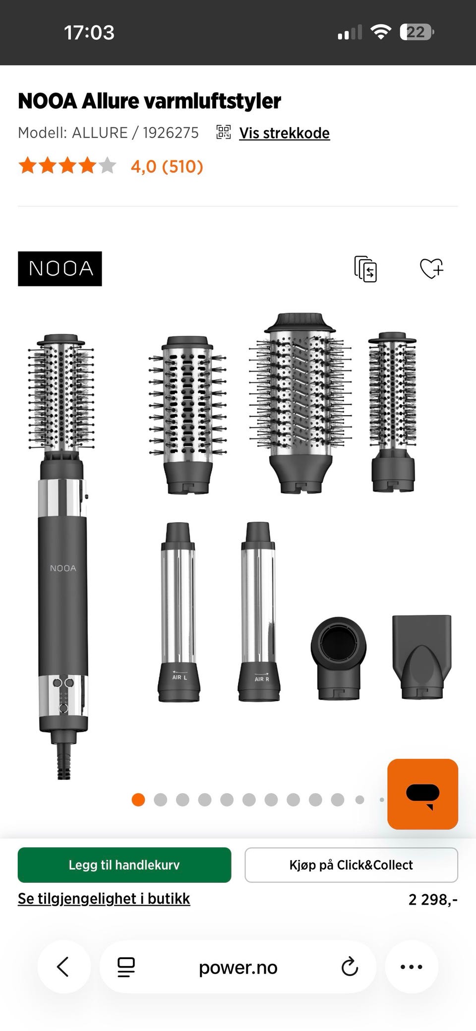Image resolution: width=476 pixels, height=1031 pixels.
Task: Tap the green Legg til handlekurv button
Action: (x=124, y=865)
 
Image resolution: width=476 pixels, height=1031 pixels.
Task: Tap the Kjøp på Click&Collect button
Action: (x=351, y=865)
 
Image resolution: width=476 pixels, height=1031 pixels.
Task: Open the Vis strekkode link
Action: (x=284, y=133)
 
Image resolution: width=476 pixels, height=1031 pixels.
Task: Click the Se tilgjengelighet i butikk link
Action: (x=104, y=898)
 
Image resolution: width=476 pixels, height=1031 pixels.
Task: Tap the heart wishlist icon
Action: (x=431, y=269)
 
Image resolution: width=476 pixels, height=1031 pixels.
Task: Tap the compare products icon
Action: (x=366, y=269)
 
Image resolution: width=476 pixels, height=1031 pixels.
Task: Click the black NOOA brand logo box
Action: (x=60, y=269)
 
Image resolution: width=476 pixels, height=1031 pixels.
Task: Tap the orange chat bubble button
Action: (x=422, y=794)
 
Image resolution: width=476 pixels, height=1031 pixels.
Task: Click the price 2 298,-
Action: (x=433, y=899)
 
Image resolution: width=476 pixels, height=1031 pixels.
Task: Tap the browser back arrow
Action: (x=63, y=967)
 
